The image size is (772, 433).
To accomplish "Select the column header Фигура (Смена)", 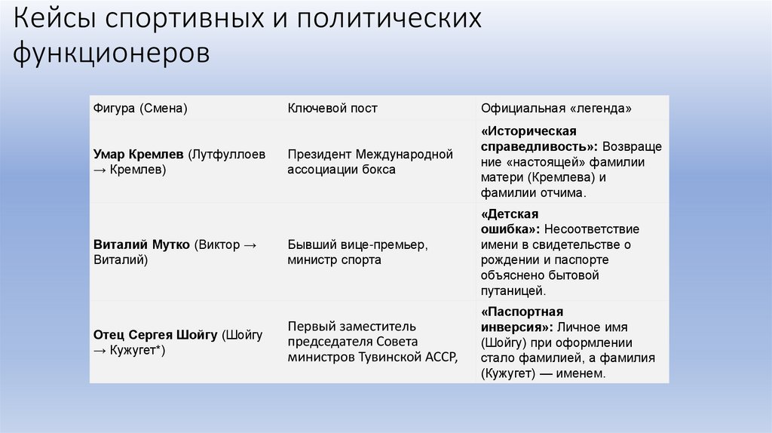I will tap(139, 108).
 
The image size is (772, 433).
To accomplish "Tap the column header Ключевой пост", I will tap(332, 108).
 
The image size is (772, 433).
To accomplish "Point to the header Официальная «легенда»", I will tap(556, 108).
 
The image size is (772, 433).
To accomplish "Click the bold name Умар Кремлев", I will tap(139, 154).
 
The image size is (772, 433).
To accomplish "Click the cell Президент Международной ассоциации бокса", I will tap(369, 161).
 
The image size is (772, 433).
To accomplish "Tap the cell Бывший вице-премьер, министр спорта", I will tap(357, 252).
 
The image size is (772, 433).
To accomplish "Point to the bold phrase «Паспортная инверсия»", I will tap(522, 319).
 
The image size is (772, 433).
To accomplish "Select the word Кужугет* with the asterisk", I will tap(136, 350).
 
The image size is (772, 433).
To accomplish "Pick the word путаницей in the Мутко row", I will tap(511, 290).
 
